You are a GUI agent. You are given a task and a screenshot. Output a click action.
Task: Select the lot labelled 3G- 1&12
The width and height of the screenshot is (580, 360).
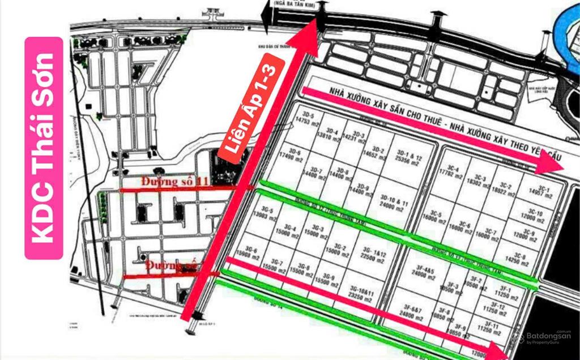pyautogui.click(x=375, y=254)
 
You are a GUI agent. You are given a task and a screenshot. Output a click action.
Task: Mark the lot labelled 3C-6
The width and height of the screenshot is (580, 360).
pyautogui.click(x=468, y=228)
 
